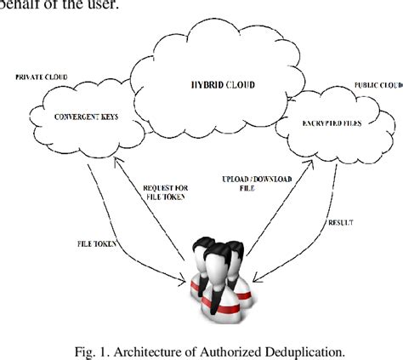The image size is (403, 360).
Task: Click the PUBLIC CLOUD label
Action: (377, 87)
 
